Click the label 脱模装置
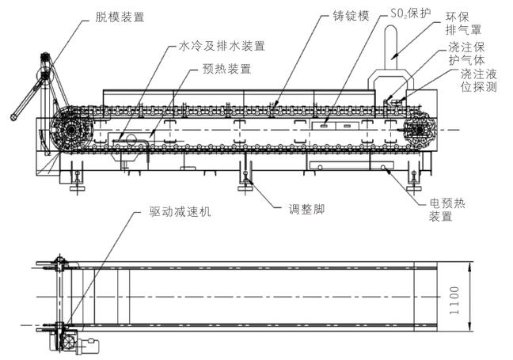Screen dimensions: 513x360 (120, 17)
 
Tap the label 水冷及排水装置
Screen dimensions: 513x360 (222, 46)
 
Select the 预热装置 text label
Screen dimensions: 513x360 (226, 69)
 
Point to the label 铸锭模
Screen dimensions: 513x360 (351, 16)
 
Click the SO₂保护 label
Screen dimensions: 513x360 (411, 13)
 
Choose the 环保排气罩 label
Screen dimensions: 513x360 (464, 23)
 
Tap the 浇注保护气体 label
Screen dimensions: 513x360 (466, 54)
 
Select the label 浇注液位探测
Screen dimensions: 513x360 (479, 81)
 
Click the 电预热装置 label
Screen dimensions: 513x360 (447, 210)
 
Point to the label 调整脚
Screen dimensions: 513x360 (306, 209)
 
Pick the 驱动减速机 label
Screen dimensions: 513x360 (180, 212)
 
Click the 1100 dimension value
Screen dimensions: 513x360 (454, 301)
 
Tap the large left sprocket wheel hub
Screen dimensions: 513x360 (70, 130)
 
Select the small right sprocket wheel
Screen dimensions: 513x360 (419, 130)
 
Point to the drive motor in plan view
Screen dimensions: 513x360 (89, 347)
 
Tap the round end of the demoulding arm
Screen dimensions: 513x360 (14, 116)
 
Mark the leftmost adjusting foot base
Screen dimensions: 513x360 (78, 188)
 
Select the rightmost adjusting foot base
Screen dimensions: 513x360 (414, 188)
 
